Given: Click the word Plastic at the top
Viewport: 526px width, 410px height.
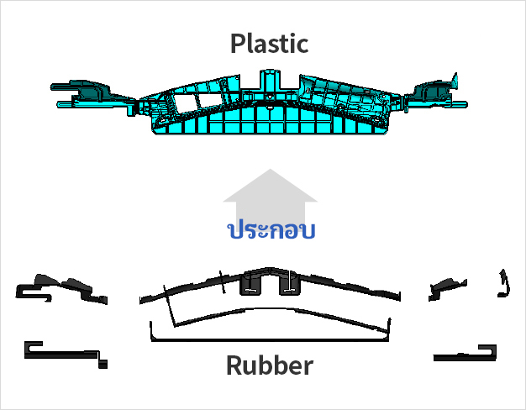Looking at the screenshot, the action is pyautogui.click(x=270, y=44).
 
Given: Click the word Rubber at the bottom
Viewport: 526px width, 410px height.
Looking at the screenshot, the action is pyautogui.click(x=270, y=365).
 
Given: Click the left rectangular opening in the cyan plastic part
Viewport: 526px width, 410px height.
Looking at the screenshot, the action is pyautogui.click(x=183, y=102).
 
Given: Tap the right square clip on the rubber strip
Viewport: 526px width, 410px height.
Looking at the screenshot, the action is pyautogui.click(x=290, y=284).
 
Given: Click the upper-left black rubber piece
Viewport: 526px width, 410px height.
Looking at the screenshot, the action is pyautogui.click(x=60, y=289).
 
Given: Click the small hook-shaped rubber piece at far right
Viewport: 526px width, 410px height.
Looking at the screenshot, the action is pyautogui.click(x=504, y=283).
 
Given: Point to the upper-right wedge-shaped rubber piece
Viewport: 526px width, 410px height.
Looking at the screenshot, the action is pyautogui.click(x=448, y=288).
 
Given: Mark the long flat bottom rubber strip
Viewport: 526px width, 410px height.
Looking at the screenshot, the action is pyautogui.click(x=270, y=339).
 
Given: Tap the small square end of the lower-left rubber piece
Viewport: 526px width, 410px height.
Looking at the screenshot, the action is pyautogui.click(x=103, y=364).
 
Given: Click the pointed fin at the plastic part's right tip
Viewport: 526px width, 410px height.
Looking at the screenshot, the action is pyautogui.click(x=455, y=81).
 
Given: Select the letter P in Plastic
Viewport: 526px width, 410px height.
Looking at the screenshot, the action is pyautogui.click(x=238, y=44).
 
